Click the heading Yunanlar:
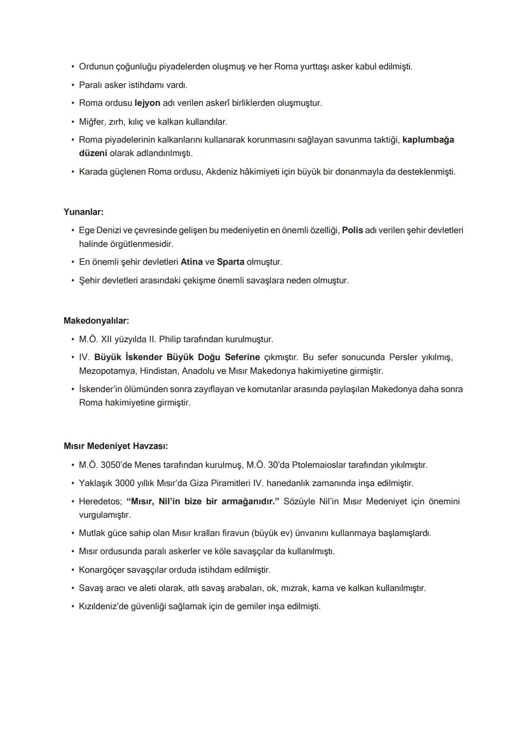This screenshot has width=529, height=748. tap(83, 212)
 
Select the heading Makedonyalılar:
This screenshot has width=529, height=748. tap(96, 321)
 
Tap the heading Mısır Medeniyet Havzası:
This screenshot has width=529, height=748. tap(116, 446)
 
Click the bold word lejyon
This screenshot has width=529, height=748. tap(147, 103)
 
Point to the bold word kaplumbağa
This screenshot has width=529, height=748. tap(428, 140)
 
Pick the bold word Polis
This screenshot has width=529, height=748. tap(352, 230)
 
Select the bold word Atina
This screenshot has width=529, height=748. tap(192, 262)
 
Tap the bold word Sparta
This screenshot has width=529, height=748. tap(230, 262)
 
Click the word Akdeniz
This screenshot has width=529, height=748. tap(222, 172)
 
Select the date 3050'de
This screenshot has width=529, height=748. tap(116, 465)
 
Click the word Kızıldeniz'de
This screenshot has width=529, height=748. tap(104, 606)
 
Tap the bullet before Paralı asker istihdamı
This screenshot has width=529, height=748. tap(72, 85)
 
